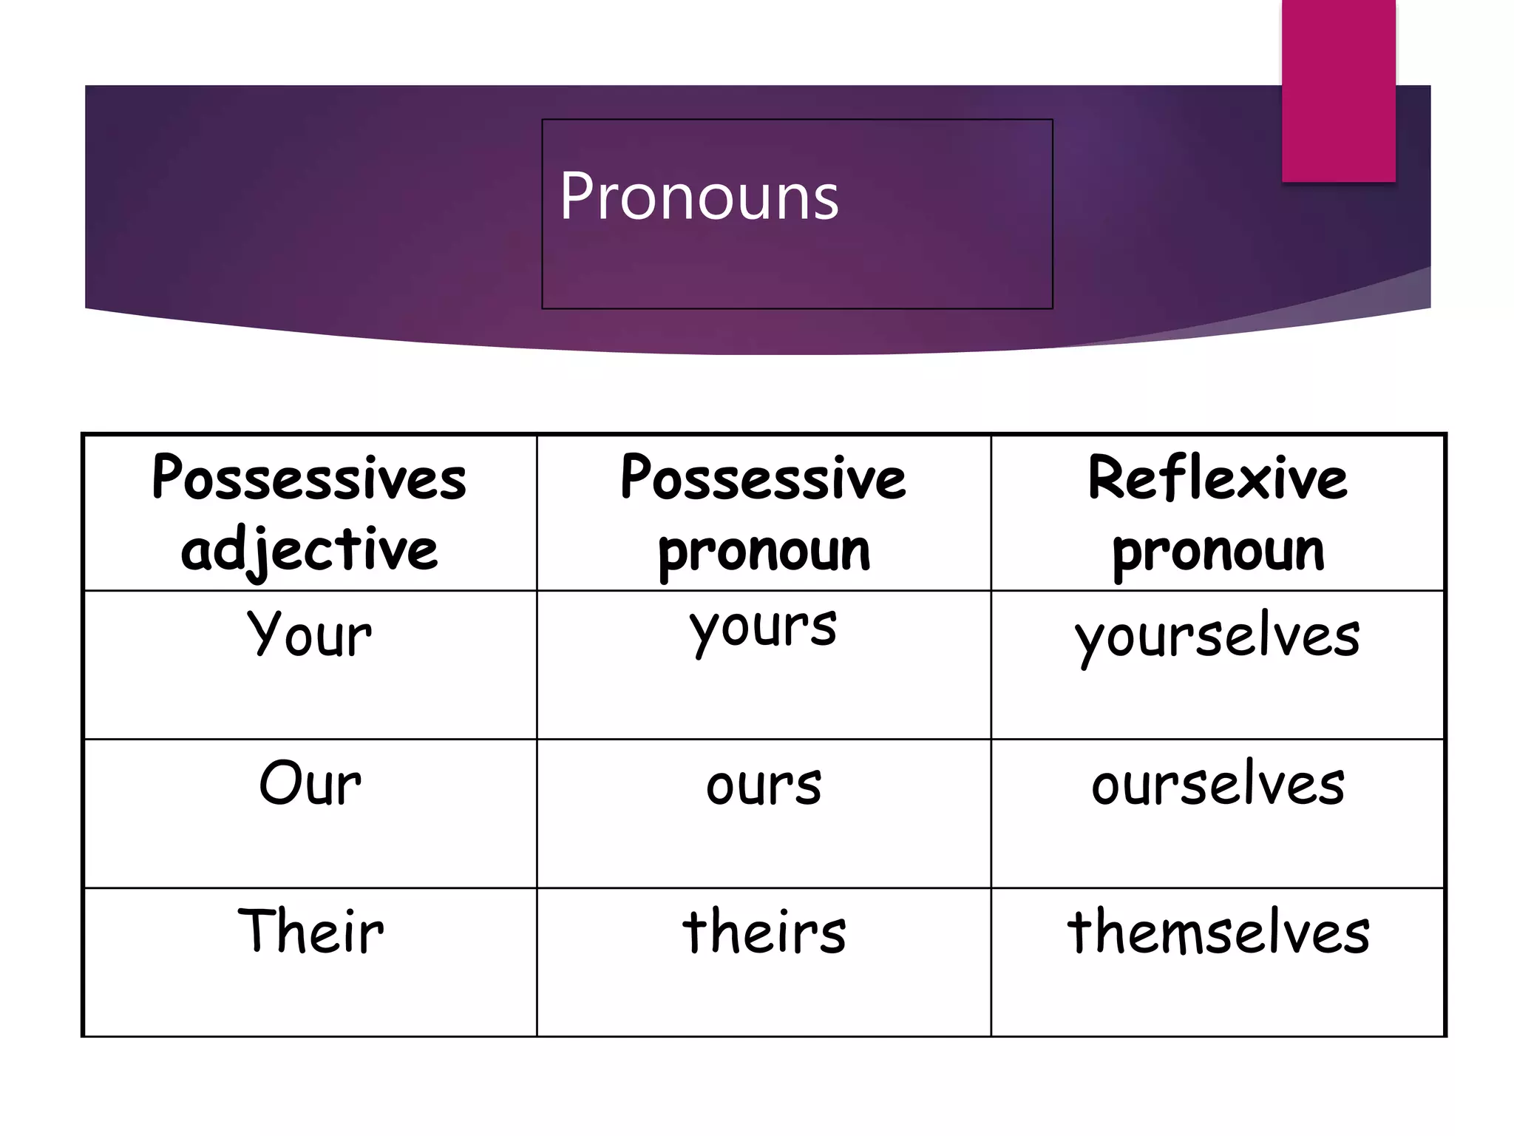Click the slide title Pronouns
699,196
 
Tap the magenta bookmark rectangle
1338,90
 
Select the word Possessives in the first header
309,478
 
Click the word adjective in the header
309,550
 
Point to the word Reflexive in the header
1218,478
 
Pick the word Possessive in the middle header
763,478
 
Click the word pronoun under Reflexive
1218,551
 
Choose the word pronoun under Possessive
764,551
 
